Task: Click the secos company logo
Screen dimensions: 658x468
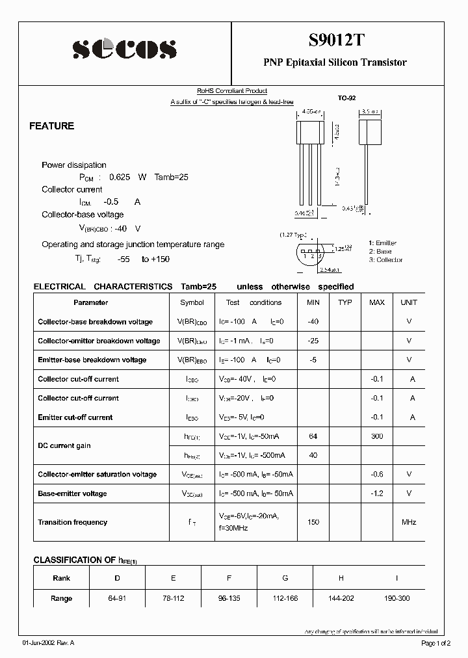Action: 123,49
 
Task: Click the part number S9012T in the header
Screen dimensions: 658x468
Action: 335,40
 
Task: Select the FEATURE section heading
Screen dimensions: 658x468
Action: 52,126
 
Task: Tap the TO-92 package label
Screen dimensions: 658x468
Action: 346,98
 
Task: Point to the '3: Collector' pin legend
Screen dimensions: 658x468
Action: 385,260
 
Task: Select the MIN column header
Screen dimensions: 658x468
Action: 313,302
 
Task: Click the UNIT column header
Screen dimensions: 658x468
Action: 409,302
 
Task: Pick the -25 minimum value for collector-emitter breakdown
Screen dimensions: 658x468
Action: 313,341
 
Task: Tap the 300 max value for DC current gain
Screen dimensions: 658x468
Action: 376,436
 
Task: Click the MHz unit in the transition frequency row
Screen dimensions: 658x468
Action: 409,522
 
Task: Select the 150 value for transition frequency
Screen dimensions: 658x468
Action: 313,522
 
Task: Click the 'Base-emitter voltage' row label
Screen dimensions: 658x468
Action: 72,493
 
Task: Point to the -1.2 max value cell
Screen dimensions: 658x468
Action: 376,493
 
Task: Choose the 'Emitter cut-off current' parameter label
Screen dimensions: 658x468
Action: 75,417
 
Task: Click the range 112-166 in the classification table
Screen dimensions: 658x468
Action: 285,598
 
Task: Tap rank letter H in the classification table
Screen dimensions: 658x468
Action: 341,577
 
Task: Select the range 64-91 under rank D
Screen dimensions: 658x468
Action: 118,598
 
